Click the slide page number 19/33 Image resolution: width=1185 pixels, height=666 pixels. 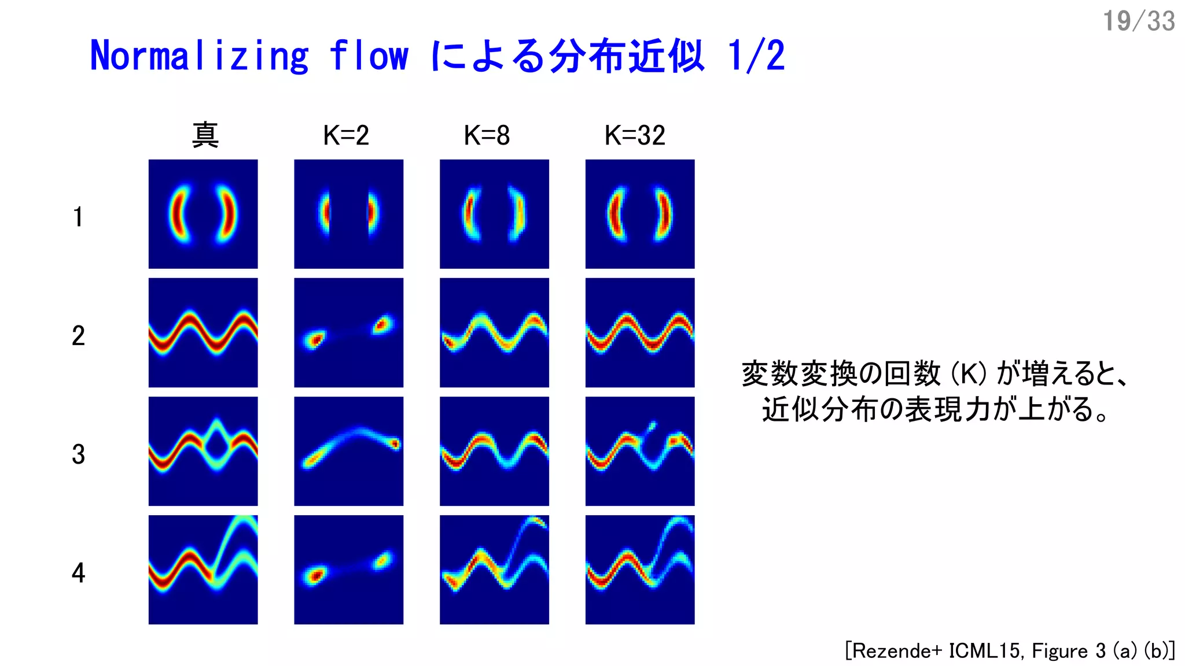[1138, 21]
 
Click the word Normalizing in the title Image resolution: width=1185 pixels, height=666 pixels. [199, 57]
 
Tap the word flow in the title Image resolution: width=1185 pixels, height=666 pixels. [369, 57]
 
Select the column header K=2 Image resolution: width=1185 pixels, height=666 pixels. [346, 136]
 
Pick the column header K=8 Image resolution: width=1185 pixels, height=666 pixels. [487, 136]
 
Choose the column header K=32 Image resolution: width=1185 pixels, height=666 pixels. [635, 136]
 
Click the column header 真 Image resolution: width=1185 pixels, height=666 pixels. [205, 136]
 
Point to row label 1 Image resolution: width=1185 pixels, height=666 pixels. [78, 217]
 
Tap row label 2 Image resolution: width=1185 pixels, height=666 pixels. [78, 336]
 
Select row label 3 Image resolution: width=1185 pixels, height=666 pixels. [78, 454]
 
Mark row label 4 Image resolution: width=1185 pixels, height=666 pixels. [78, 573]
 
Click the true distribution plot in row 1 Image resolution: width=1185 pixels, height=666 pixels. [203, 214]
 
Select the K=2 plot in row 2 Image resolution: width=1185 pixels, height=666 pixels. [348, 332]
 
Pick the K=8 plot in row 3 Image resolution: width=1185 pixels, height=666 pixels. [494, 451]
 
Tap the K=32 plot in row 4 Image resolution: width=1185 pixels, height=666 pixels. [640, 569]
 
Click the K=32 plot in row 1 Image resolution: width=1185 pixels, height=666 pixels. [640, 214]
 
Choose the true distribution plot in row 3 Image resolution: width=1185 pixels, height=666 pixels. [203, 451]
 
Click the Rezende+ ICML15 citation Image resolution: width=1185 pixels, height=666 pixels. [1010, 651]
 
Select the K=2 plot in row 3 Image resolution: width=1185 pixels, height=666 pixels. [348, 451]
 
